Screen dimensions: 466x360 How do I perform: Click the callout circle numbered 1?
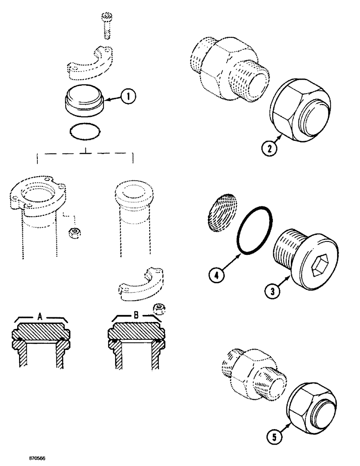tap(128, 97)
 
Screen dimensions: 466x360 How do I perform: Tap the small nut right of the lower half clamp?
tap(158, 309)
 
